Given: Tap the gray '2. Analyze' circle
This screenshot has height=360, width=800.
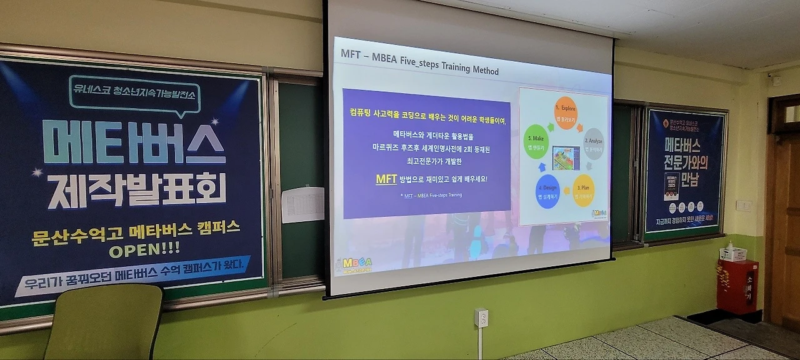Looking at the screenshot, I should [594, 144].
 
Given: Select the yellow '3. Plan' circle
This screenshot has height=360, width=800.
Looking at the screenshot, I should [583, 190].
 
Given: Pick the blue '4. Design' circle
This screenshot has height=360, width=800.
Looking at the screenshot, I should [547, 191].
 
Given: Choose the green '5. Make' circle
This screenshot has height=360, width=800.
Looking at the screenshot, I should [536, 142].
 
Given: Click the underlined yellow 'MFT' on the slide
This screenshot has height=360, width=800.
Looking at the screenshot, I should [386, 179].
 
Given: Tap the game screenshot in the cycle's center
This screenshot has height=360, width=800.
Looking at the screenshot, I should [566, 158].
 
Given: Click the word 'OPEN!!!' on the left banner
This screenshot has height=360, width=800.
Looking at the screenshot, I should [144, 249].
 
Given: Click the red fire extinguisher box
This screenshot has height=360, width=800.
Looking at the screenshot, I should [737, 286].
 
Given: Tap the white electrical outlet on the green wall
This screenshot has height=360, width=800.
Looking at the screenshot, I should [481, 317].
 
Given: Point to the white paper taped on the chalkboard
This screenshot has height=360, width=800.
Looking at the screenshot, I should [302, 204].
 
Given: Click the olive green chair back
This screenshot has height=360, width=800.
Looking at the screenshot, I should [104, 321].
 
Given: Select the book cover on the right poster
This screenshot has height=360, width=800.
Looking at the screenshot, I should [672, 186].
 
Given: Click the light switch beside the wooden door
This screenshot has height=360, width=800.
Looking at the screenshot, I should [744, 205].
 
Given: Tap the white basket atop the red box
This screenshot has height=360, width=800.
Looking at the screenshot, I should [733, 253].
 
